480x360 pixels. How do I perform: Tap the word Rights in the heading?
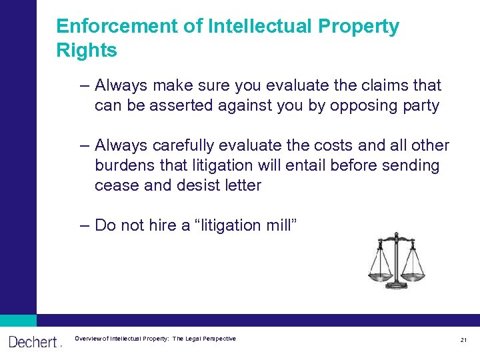pos(87,51)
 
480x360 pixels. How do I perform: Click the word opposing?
pos(366,106)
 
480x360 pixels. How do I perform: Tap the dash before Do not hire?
pos(83,225)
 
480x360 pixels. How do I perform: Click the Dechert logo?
pos(34,342)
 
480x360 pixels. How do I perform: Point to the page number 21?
pos(463,340)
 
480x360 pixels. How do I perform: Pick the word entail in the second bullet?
pos(329,165)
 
